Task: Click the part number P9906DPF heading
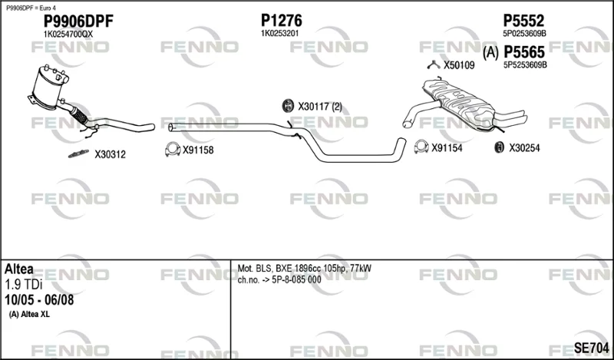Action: (78, 21)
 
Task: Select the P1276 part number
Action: (282, 21)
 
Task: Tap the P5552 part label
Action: (523, 21)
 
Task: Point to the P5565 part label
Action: (524, 51)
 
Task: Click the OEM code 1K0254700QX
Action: (68, 34)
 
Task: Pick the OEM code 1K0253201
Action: (279, 34)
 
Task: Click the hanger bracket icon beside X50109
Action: (434, 65)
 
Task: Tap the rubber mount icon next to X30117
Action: (288, 106)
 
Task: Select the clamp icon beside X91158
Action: (173, 149)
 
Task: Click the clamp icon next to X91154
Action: (421, 147)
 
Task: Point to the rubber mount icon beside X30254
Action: (500, 147)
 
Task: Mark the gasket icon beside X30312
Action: (79, 154)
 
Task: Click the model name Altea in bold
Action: (18, 269)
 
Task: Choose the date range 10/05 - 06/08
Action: (39, 300)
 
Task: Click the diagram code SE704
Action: (591, 348)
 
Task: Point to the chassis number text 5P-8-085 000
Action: (296, 279)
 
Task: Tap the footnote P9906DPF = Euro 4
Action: (28, 8)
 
